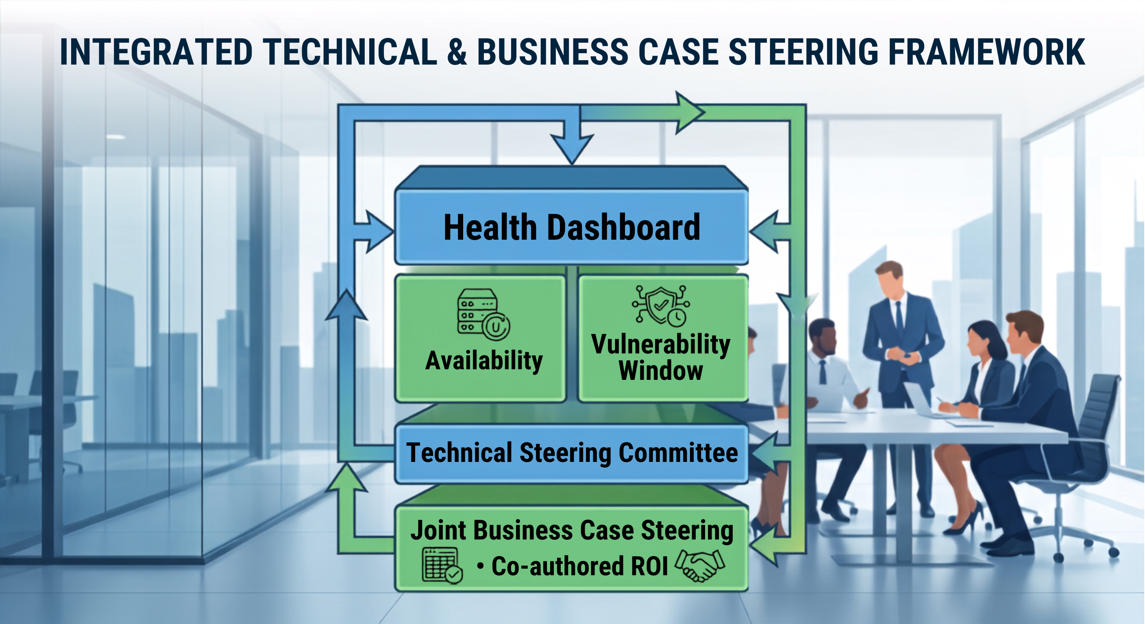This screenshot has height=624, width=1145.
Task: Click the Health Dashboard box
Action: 572,227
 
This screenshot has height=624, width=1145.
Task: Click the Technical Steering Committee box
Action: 572,453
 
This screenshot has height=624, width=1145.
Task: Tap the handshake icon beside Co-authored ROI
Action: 700,565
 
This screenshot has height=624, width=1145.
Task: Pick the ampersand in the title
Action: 457,52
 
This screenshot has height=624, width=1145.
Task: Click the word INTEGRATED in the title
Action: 156,52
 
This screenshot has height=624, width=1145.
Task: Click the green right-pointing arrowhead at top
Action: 689,113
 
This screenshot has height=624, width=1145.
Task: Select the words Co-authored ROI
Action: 579,566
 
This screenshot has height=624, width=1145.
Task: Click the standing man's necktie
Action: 899,316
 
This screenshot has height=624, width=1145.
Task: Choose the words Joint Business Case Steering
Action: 572,530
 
